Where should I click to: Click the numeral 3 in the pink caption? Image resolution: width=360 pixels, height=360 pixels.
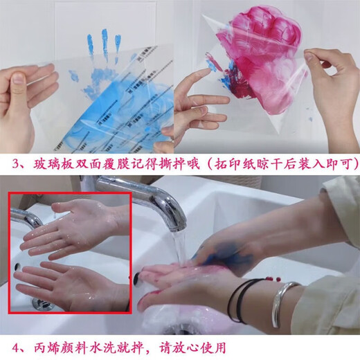click(16, 164)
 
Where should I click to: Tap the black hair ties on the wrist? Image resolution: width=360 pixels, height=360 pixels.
click(242, 300)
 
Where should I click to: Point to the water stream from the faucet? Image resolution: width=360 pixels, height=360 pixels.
click(179, 248)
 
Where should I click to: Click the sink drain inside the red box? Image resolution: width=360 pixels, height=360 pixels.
click(44, 304)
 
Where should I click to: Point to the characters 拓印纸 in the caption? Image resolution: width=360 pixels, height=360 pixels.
click(235, 164)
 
